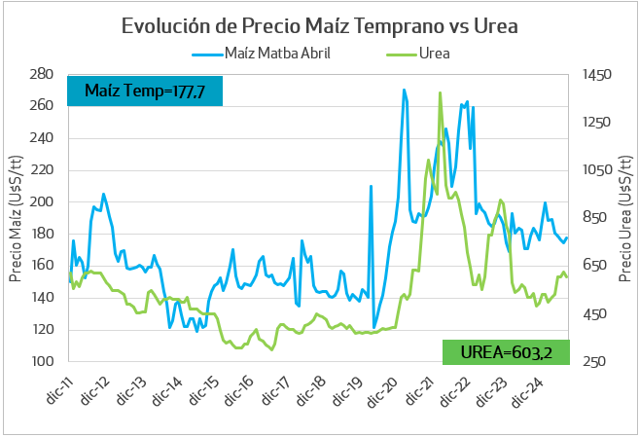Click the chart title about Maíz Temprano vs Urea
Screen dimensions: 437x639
point(319,25)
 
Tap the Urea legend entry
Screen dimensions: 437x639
point(433,53)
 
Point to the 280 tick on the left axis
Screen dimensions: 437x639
point(41,74)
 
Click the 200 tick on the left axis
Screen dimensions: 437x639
point(41,202)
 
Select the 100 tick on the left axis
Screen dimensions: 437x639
point(41,362)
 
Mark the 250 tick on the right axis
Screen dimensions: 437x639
point(594,362)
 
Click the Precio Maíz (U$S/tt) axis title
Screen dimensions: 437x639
point(16,218)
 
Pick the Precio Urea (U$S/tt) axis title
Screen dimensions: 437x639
point(623,218)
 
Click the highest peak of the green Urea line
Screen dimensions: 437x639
point(441,93)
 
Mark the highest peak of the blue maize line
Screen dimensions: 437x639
point(404,90)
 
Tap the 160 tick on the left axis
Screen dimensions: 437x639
point(41,266)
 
